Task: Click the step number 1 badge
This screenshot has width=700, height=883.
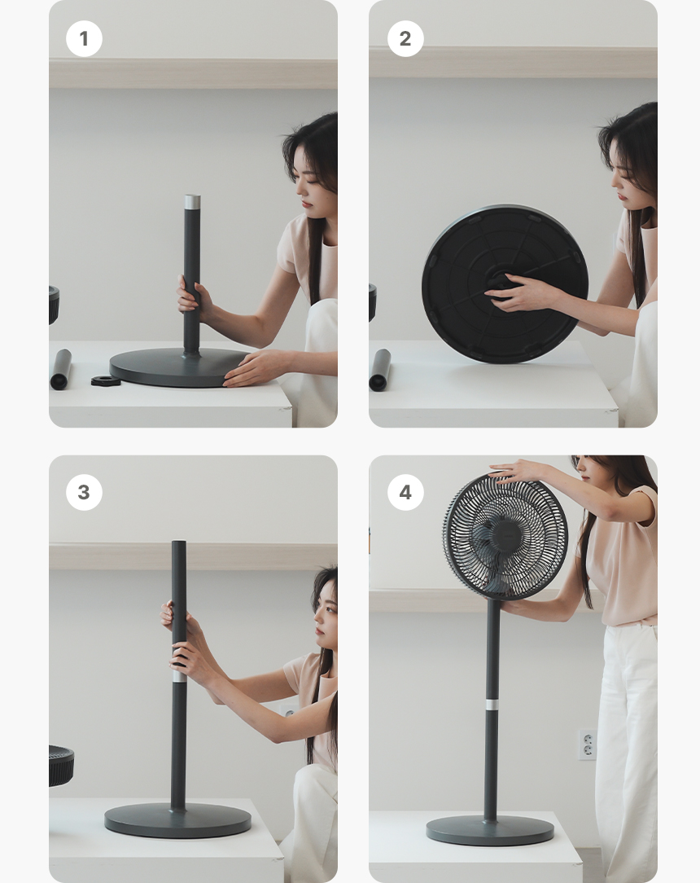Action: (x=84, y=39)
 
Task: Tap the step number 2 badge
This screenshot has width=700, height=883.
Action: (x=405, y=39)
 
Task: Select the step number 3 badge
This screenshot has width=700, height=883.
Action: (x=84, y=492)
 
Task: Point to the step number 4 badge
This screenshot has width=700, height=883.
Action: (x=405, y=492)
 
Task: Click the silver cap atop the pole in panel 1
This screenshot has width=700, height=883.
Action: (x=192, y=202)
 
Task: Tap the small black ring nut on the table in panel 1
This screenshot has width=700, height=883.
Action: (x=106, y=380)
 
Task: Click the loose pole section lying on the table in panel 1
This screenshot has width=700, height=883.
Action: (x=60, y=370)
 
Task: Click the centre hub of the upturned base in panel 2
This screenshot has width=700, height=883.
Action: (x=499, y=282)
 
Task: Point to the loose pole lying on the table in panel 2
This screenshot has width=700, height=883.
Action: (x=380, y=370)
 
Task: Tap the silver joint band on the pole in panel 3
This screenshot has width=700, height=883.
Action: (x=180, y=676)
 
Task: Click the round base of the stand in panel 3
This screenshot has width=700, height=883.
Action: (x=177, y=820)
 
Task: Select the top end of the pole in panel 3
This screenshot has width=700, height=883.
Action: (x=179, y=543)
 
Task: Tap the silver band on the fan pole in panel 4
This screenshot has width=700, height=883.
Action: (x=492, y=705)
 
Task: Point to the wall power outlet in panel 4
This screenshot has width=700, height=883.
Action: (x=587, y=745)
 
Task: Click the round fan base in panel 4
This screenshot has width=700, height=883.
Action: (x=489, y=831)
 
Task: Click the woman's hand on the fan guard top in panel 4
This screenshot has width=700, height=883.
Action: (x=517, y=470)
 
